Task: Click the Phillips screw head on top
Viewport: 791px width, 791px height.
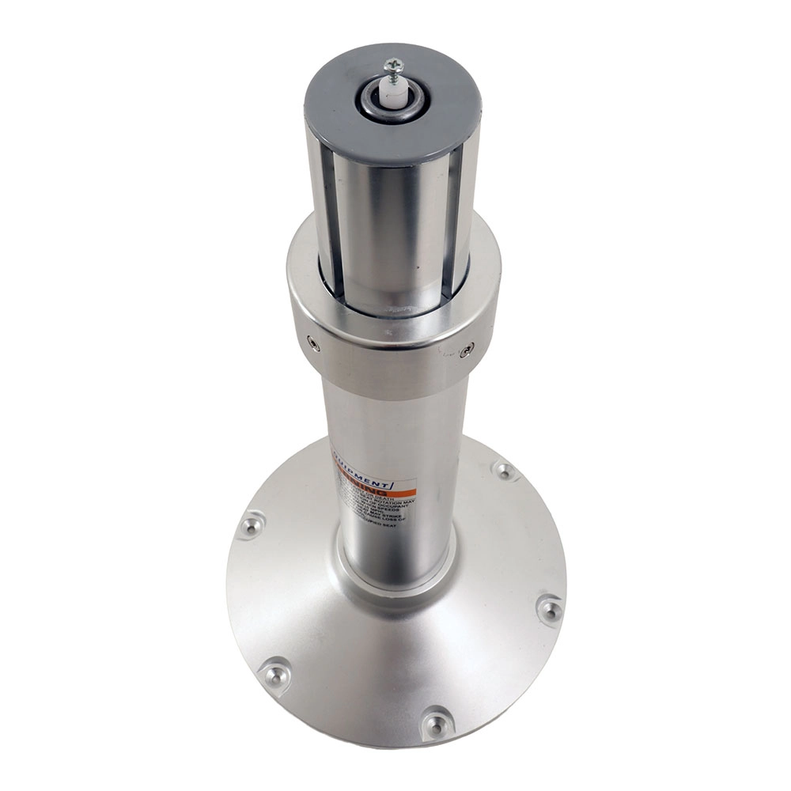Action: click(x=393, y=66)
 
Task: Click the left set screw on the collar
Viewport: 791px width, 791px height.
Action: click(x=314, y=343)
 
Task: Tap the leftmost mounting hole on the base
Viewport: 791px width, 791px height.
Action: click(x=251, y=523)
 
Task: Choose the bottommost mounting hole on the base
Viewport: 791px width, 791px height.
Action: click(x=436, y=721)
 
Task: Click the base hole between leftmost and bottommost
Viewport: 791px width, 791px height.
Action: click(x=274, y=674)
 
